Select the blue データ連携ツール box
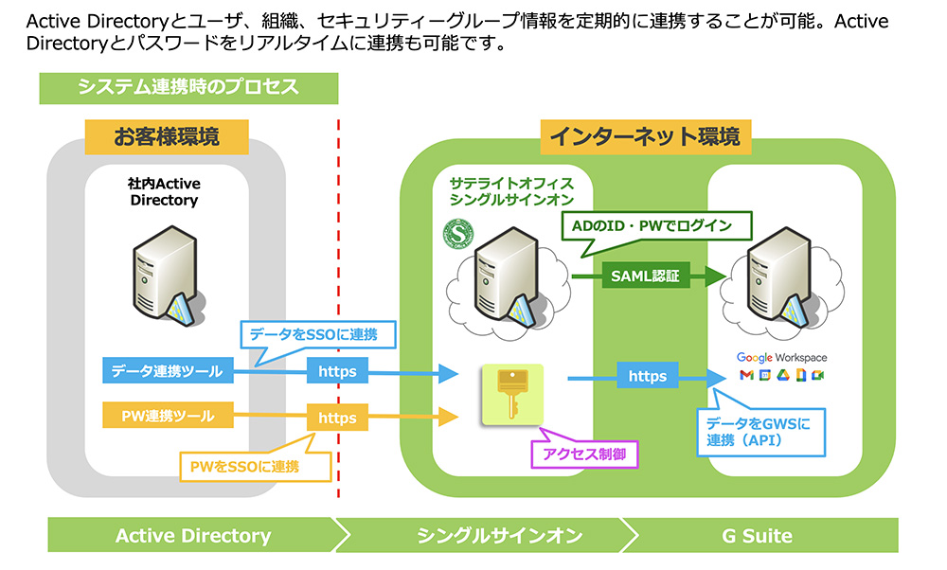(x=166, y=372)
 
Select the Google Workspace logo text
(x=782, y=358)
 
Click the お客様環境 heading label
(x=167, y=136)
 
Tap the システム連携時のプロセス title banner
(x=188, y=87)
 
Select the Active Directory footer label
(x=193, y=536)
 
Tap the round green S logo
(x=457, y=233)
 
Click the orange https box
(x=337, y=417)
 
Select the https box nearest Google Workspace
(x=648, y=376)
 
